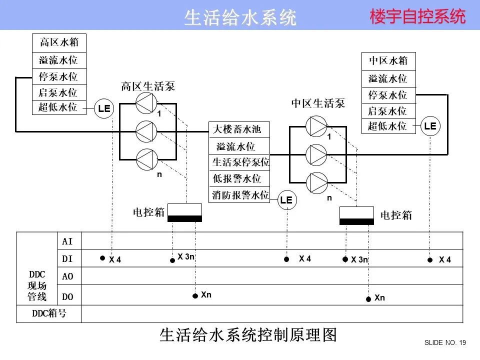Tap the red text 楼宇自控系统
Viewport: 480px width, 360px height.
tap(417, 17)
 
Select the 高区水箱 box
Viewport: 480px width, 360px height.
tap(59, 42)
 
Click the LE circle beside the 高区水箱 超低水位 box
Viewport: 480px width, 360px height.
tap(104, 108)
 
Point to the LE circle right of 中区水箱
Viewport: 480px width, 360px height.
tap(430, 126)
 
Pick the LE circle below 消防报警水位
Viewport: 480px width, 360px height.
tap(286, 200)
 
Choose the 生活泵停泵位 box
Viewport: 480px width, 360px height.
tap(240, 162)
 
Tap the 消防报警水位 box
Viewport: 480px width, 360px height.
tap(240, 195)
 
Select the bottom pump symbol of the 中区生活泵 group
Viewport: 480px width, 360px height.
tap(316, 182)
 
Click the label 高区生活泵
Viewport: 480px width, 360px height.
tap(148, 86)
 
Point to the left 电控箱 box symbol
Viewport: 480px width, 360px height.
tap(184, 212)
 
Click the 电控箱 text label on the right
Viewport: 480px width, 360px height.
tap(396, 215)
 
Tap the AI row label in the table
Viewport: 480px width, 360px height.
tap(67, 241)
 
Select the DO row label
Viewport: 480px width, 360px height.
tap(67, 296)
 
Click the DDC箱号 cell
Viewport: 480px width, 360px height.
tap(49, 314)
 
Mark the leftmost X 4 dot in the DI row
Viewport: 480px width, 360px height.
tap(102, 258)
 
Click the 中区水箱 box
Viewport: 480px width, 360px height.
tap(388, 61)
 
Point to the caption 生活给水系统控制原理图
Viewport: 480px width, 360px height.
tap(248, 334)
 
